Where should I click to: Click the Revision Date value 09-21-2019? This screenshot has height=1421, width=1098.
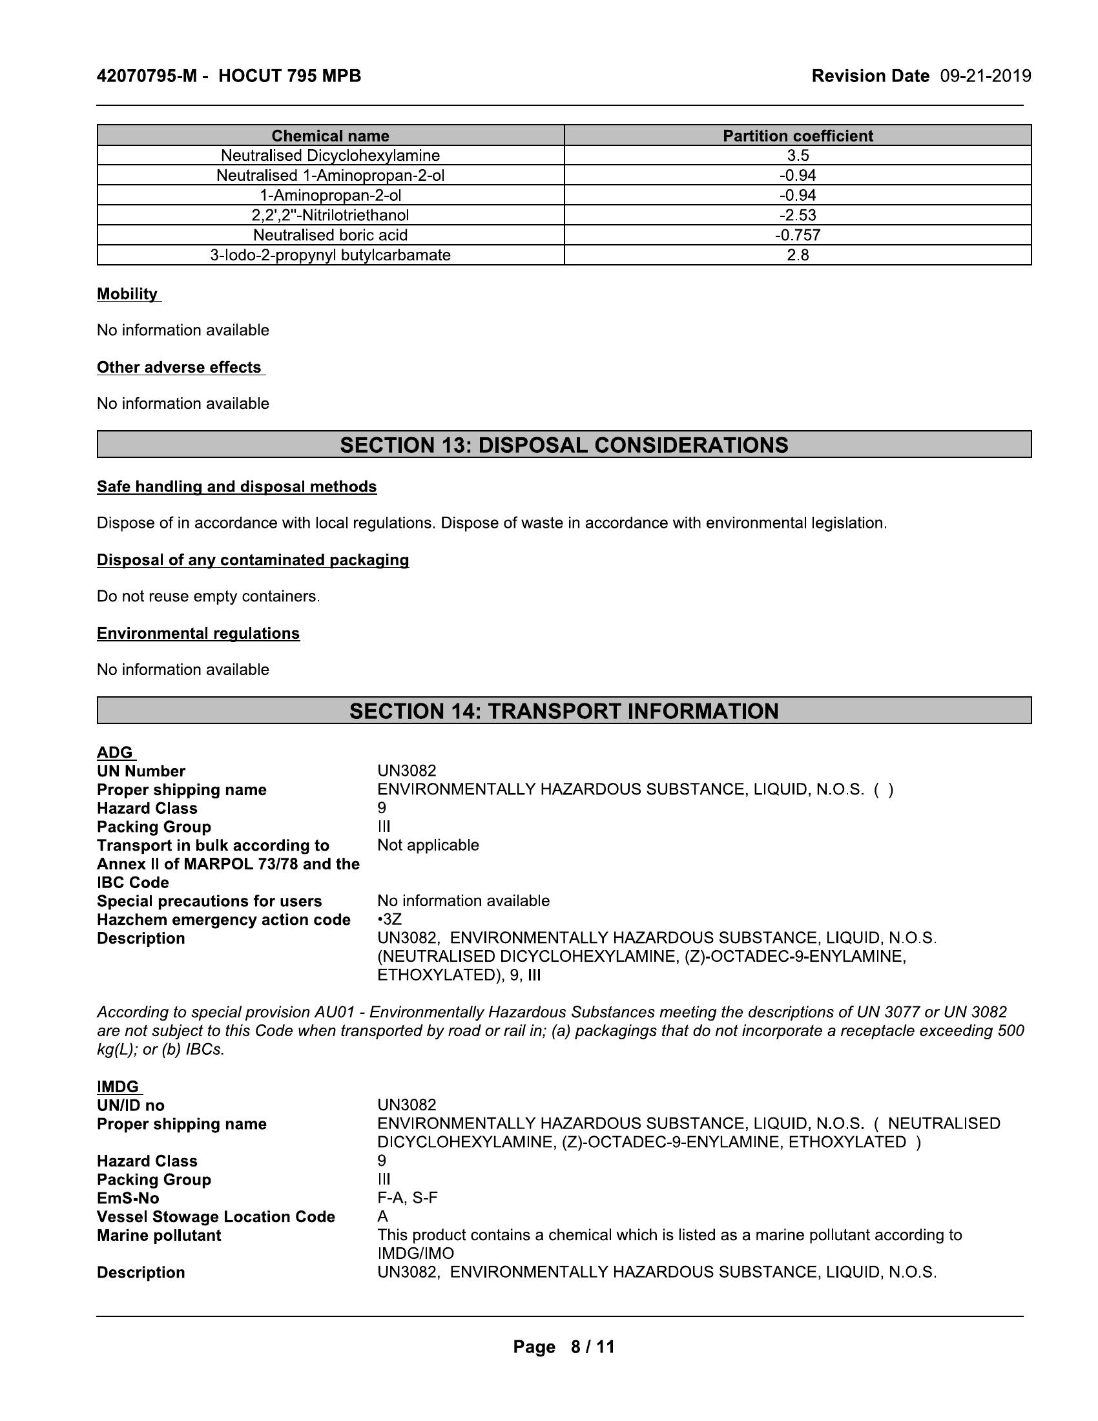[x=985, y=76]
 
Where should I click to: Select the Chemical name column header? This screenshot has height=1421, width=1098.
[x=330, y=136]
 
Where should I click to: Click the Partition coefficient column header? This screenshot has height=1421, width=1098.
[x=798, y=136]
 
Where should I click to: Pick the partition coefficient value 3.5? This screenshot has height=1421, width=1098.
[x=798, y=156]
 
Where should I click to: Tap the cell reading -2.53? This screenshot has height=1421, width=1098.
[x=798, y=215]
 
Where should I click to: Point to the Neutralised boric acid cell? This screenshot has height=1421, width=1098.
[x=330, y=235]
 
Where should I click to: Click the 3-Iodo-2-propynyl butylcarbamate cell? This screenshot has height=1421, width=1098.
[x=330, y=255]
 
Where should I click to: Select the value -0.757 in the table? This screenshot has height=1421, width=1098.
[x=798, y=235]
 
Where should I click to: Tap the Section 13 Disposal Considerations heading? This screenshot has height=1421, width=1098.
[x=563, y=445]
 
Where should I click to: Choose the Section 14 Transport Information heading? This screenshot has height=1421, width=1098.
[x=563, y=711]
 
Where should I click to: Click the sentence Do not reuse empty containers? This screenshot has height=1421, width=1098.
[x=208, y=597]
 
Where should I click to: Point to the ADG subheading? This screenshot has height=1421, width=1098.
[x=114, y=752]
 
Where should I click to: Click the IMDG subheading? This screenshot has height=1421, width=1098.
[x=118, y=1087]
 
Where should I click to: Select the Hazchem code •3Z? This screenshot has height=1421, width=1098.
[x=389, y=920]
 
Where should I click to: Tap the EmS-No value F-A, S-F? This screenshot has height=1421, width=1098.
[x=407, y=1198]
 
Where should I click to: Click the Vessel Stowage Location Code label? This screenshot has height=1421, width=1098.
[x=215, y=1217]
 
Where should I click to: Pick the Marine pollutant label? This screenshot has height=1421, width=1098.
[x=159, y=1236]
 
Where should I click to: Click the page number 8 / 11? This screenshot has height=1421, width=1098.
[x=592, y=1347]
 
